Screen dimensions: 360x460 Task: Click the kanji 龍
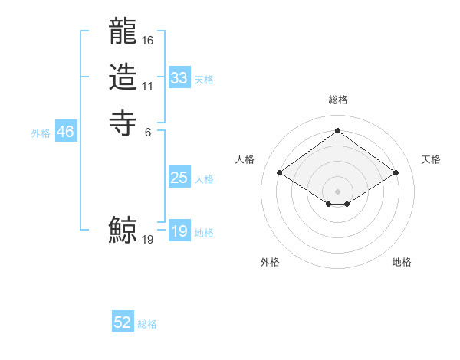pos(123,34)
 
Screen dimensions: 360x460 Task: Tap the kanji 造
pos(123,77)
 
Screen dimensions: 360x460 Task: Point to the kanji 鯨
pos(123,230)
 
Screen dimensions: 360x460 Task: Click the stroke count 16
pos(148,40)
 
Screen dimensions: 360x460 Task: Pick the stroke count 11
pos(148,87)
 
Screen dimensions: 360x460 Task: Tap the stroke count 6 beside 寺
pos(148,131)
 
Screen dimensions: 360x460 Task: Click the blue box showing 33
pos(179,78)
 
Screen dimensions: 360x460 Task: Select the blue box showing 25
pos(179,178)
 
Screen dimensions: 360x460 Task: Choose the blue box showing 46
pos(65,132)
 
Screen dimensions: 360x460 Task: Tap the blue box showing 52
pos(123,322)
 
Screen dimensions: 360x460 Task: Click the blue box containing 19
pos(179,231)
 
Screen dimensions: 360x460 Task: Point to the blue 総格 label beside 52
pos(147,324)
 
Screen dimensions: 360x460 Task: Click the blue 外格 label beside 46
pos(41,133)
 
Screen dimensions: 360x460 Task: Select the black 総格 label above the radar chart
pos(337,100)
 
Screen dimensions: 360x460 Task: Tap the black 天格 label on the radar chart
pos(431,159)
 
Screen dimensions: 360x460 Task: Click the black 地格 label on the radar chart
pos(402,263)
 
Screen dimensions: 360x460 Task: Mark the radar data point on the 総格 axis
pos(337,130)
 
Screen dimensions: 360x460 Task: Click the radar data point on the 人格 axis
pos(280,173)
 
